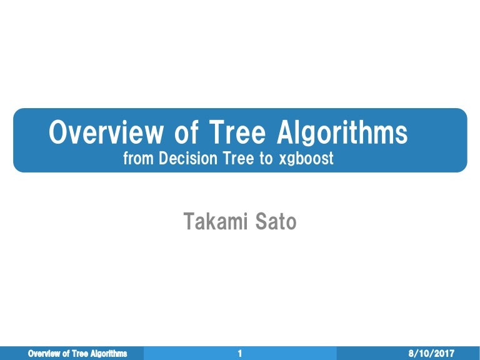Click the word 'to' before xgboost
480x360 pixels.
(266, 159)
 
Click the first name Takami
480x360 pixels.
(211, 221)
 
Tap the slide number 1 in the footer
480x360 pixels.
(240, 354)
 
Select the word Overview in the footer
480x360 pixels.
(45, 354)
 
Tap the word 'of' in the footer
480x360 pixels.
(67, 354)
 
